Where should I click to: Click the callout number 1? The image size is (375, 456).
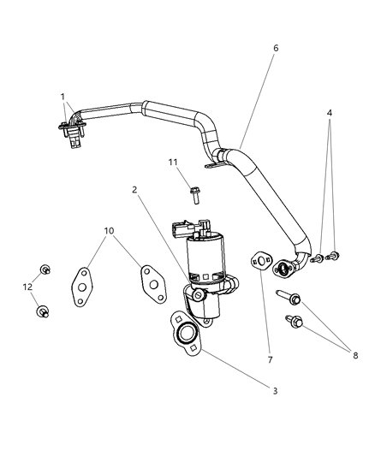click(62, 96)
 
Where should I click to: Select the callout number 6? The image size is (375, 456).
click(275, 48)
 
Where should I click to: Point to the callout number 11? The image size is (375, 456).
click(172, 161)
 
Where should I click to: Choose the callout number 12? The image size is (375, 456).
click(27, 287)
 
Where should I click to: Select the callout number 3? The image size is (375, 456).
click(274, 391)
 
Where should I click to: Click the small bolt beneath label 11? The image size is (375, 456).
click(195, 196)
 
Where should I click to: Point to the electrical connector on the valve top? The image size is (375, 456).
click(184, 228)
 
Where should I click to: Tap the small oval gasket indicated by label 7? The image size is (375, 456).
click(257, 261)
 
